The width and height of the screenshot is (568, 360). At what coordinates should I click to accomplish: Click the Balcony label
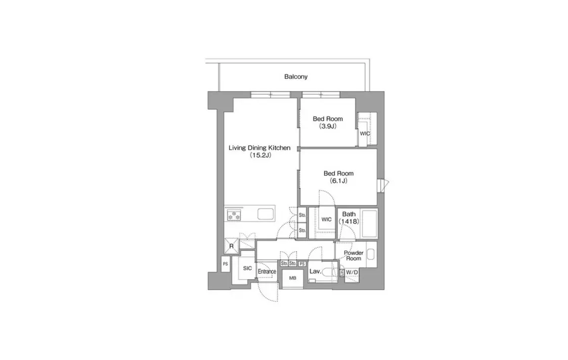295,77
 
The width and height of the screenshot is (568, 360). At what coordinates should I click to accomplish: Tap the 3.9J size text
328,126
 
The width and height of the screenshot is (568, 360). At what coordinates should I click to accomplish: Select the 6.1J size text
338,181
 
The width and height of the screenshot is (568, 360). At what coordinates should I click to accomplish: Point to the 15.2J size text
260,155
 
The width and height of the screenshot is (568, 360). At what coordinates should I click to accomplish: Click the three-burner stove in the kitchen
234,215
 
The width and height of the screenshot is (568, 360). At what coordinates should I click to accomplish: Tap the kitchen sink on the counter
265,214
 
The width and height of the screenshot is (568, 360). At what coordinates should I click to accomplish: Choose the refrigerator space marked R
232,246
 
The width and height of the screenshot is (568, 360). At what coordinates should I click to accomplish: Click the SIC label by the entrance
247,268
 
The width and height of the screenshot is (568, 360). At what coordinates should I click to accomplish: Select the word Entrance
267,272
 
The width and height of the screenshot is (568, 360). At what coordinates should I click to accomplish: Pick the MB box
293,278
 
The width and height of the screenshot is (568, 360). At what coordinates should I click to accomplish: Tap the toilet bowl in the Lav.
329,273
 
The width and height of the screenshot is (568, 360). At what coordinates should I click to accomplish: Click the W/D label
352,273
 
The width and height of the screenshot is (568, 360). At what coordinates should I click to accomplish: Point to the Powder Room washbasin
371,254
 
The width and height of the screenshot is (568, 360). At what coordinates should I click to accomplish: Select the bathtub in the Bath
369,223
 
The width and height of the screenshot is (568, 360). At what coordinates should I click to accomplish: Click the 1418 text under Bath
349,221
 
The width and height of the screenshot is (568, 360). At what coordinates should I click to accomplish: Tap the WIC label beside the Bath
326,219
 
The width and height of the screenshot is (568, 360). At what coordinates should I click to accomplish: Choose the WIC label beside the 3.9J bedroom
365,133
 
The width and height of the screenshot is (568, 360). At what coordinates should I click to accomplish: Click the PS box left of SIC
225,264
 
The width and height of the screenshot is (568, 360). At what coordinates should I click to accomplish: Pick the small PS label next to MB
302,264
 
